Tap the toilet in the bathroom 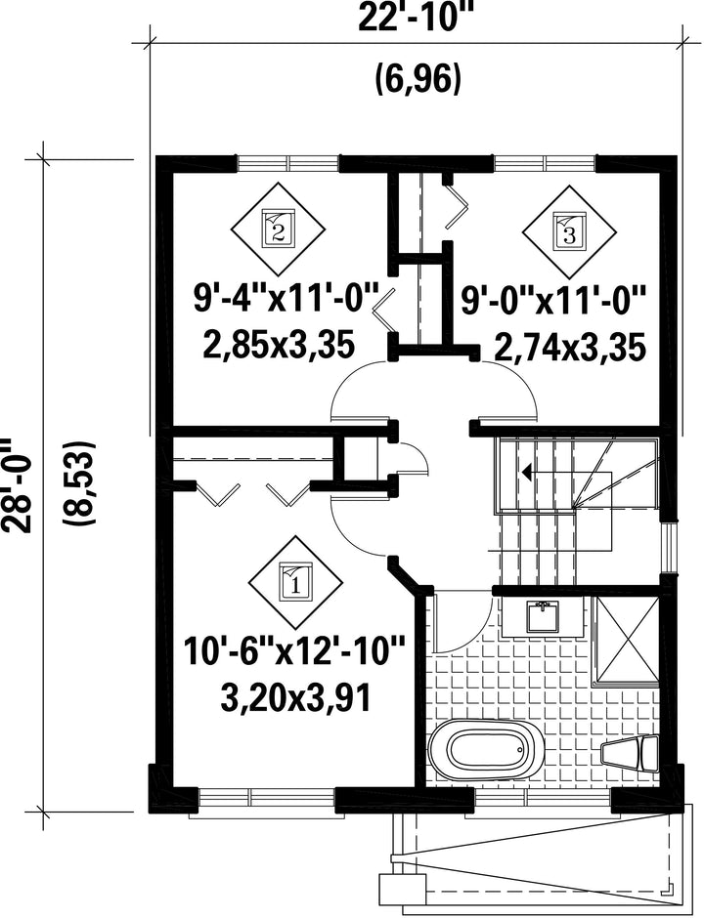[631, 754]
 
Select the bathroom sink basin [544, 617]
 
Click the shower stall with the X [626, 640]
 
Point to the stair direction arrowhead [526, 472]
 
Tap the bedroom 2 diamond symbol [278, 228]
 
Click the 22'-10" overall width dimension [415, 18]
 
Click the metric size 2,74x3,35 [570, 347]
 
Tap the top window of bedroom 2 [287, 163]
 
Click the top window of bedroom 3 [546, 163]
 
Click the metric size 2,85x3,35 [279, 346]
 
